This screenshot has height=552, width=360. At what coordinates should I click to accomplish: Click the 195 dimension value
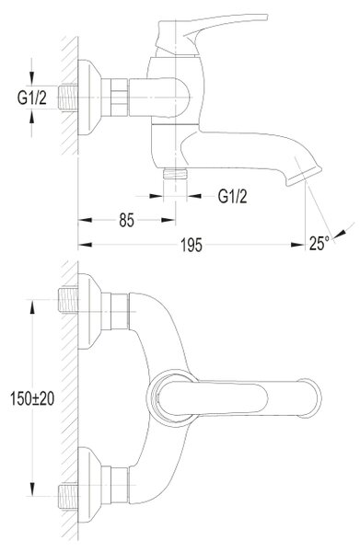[x=192, y=245]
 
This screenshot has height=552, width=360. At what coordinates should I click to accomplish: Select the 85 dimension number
[x=126, y=221]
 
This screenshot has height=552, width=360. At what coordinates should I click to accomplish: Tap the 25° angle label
[x=319, y=243]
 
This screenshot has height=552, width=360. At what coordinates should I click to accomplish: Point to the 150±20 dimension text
[x=32, y=398]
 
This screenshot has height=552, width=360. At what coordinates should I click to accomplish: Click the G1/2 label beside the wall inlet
[x=31, y=98]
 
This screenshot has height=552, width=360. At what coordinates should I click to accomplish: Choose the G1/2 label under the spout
[x=233, y=196]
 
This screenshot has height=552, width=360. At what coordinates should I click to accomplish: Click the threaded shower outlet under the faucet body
[x=175, y=174]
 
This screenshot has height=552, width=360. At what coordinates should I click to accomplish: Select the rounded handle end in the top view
[x=310, y=398]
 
